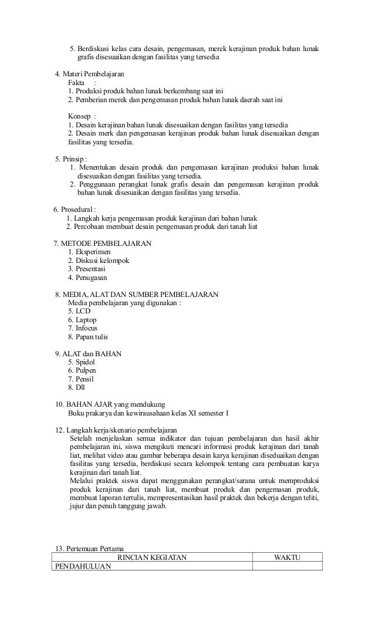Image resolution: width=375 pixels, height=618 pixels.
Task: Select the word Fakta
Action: point(76,83)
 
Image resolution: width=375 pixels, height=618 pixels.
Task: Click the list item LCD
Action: point(82,311)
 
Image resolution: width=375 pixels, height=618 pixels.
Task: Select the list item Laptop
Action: point(85,320)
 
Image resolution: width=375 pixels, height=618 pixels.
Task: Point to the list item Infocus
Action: point(86,328)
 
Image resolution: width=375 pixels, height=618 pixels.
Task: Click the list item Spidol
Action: point(85,362)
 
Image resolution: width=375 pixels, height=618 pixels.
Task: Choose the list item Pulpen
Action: point(85,371)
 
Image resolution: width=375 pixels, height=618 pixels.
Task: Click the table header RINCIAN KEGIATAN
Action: point(152,557)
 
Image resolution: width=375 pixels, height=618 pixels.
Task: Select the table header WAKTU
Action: point(287,557)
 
